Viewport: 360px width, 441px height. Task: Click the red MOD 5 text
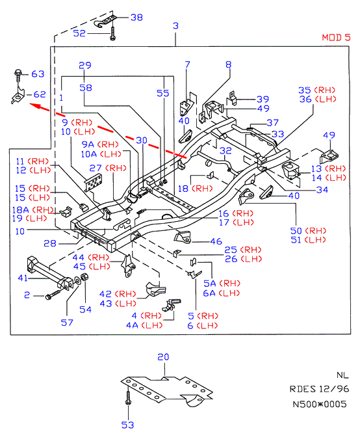tap(336, 38)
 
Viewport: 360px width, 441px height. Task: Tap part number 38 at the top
tap(136, 18)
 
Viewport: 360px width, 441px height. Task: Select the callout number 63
tap(38, 74)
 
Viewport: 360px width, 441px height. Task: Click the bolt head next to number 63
tap(18, 73)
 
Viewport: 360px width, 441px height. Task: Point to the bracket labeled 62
tap(18, 96)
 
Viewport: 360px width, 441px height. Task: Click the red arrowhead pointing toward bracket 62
tap(36, 106)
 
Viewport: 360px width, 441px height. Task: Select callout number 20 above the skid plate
tap(163, 357)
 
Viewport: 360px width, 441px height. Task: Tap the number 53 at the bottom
tap(127, 425)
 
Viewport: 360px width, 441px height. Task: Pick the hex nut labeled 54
tap(84, 277)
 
